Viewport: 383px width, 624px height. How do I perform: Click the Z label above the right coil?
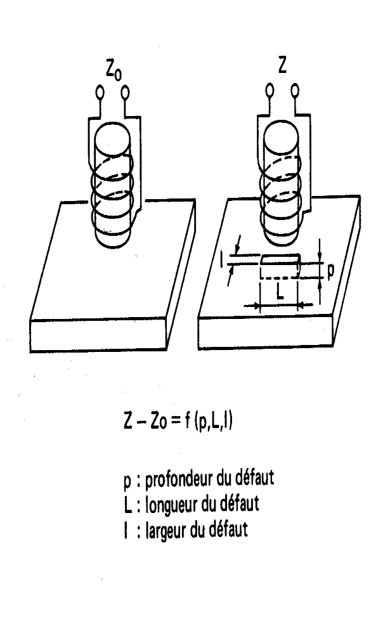click(282, 65)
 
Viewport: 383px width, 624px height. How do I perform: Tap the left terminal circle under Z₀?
click(100, 93)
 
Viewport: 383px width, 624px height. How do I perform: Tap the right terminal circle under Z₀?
click(125, 93)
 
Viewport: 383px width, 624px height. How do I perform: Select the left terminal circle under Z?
click(269, 90)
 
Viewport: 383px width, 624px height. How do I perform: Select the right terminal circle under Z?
click(295, 90)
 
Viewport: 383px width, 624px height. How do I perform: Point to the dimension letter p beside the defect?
click(331, 271)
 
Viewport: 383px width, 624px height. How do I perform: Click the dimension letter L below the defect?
click(280, 292)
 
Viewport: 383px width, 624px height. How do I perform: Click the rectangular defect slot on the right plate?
click(280, 266)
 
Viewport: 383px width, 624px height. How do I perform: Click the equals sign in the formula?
click(175, 422)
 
